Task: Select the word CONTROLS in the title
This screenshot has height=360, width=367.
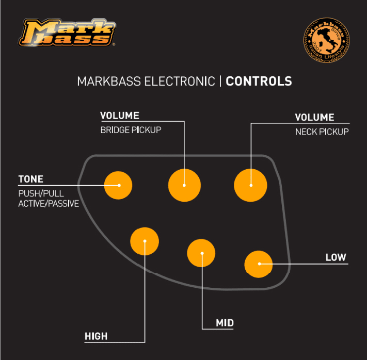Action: (x=259, y=81)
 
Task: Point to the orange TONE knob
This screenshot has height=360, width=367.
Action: (x=119, y=185)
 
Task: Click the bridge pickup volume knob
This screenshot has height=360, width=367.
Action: (x=184, y=185)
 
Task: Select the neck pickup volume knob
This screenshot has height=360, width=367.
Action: (x=251, y=185)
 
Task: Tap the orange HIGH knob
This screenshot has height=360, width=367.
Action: (x=145, y=241)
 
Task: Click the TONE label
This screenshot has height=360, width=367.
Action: (x=31, y=179)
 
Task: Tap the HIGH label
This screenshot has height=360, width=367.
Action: (x=96, y=336)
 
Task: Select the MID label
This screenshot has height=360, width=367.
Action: (x=225, y=323)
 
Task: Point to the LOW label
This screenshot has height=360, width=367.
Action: (x=336, y=257)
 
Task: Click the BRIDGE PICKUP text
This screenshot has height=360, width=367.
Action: (x=131, y=130)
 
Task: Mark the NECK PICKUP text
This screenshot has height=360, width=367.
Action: (x=322, y=132)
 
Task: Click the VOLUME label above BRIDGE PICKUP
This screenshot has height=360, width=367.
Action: (x=120, y=116)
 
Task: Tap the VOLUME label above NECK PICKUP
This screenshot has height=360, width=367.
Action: (x=314, y=118)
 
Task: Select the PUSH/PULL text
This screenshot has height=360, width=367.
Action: (x=41, y=193)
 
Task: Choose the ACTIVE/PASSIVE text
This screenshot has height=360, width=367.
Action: (x=49, y=204)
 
